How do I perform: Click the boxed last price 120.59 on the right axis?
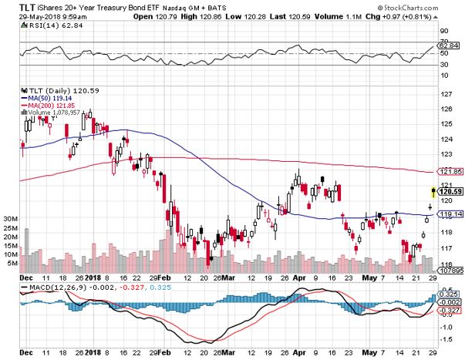(x=451, y=191)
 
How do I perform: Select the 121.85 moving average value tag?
(x=451, y=171)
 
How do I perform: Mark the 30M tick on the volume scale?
(x=11, y=219)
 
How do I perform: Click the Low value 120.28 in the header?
(x=266, y=15)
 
